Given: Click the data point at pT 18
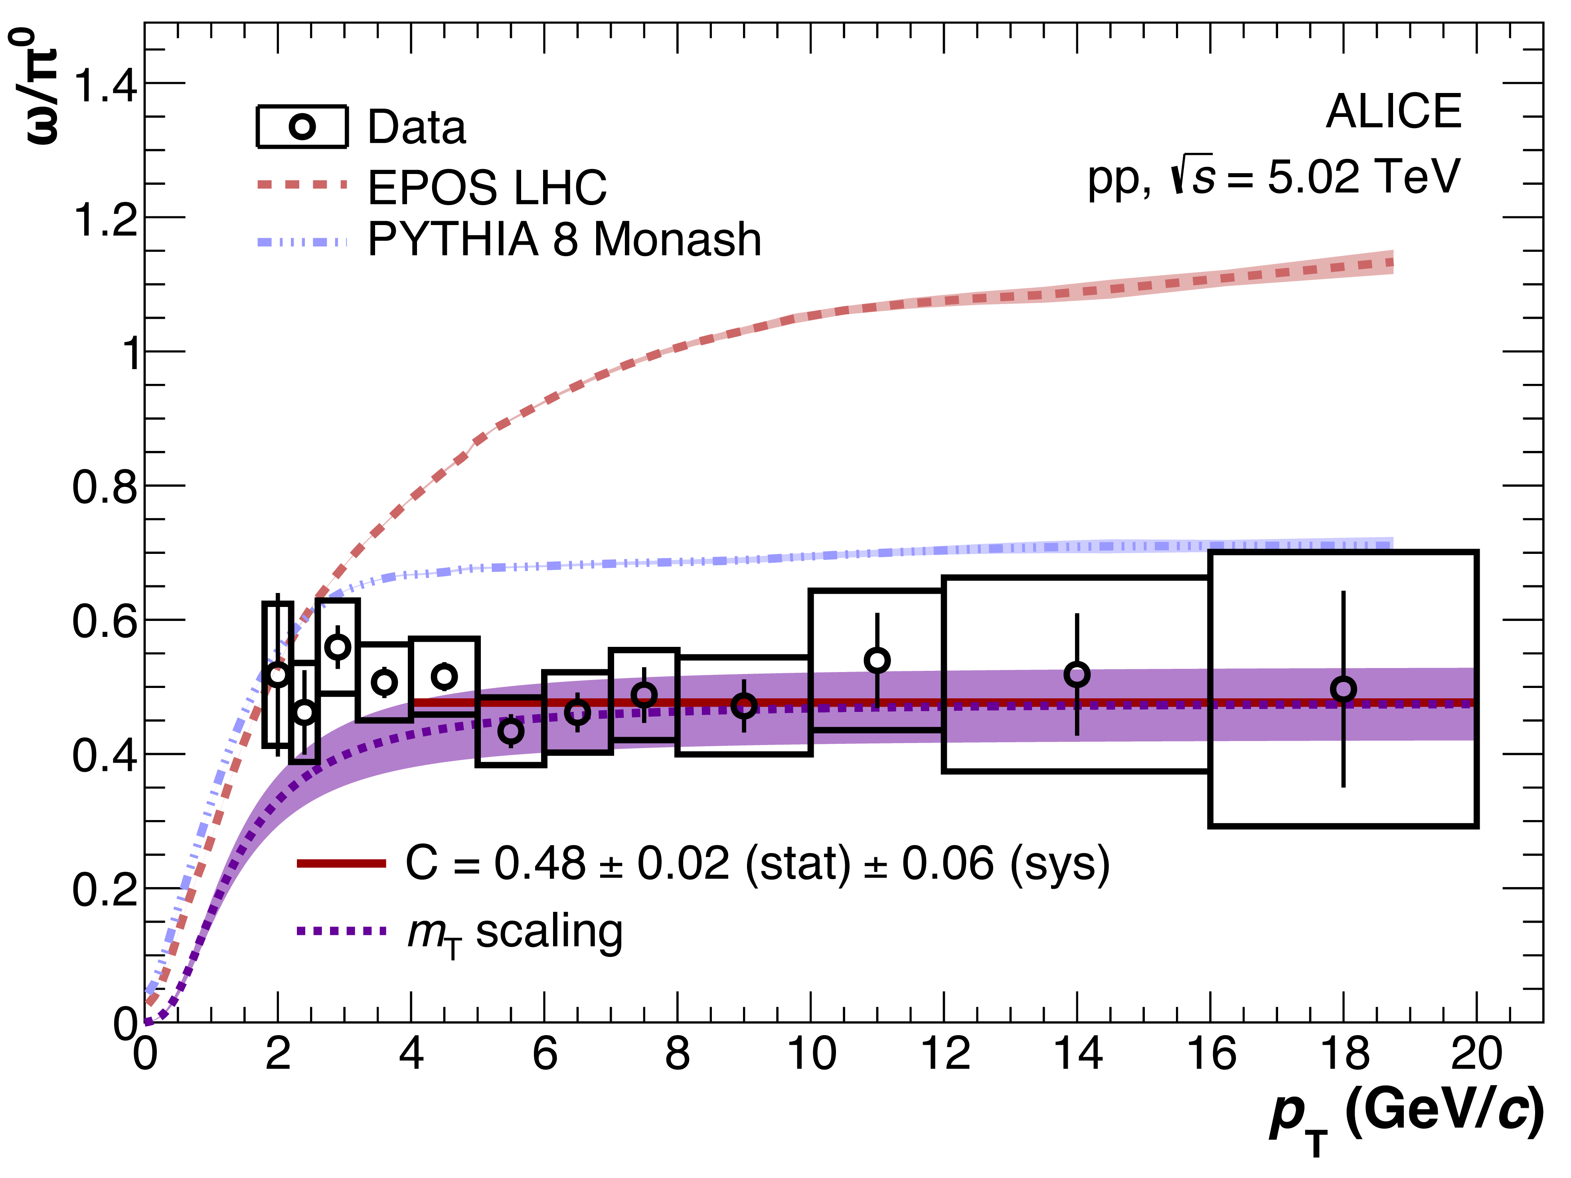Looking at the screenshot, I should click(1343, 689).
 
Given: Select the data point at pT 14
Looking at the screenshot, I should click(1077, 674).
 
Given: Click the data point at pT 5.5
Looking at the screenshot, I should click(511, 731).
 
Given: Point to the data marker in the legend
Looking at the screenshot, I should click(302, 127).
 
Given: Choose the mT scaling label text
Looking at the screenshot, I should click(515, 932).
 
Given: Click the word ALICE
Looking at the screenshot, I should click(1393, 112).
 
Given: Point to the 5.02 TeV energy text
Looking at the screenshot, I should click(1364, 177).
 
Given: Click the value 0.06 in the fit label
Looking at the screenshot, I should click(947, 864).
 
